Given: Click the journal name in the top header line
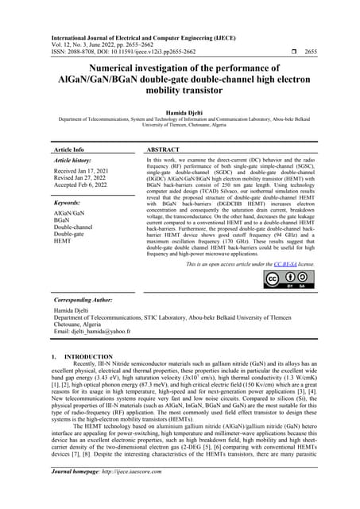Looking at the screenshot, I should pos(134,16).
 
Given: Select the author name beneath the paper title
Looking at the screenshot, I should pos(180,115).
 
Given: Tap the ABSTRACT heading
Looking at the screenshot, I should pos(167,149).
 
